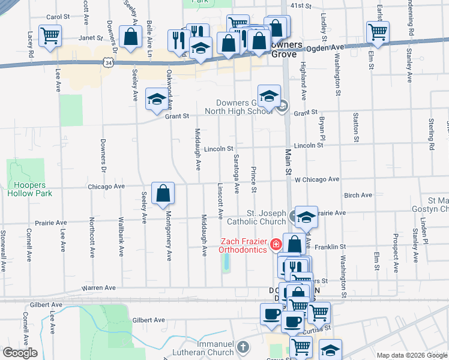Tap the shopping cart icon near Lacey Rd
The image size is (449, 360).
49,35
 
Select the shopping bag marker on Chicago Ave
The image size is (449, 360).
163,193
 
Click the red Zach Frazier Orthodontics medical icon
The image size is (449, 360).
276,244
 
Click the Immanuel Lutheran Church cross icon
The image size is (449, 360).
242,347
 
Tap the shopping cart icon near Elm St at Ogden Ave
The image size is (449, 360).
377,32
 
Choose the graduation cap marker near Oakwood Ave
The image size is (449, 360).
157,99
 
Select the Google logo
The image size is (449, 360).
20,353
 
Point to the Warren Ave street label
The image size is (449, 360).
101,288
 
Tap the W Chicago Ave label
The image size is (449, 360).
316,179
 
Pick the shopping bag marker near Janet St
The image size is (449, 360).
130,36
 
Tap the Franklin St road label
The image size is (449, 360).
331,247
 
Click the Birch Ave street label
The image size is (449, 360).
358,195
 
